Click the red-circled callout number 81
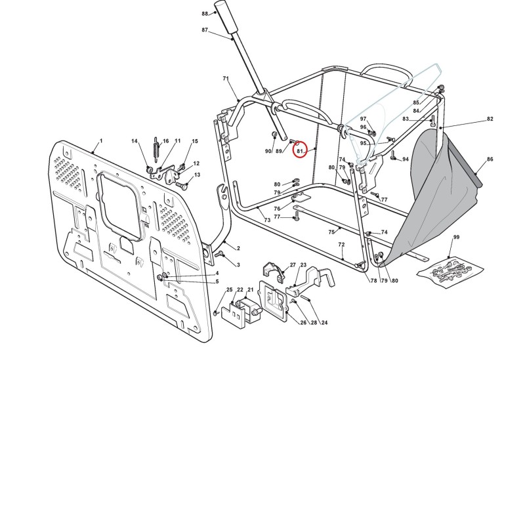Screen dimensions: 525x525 (x=299, y=152)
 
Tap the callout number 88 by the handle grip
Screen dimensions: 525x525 (x=205, y=14)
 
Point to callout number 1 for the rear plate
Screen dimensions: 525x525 (x=101, y=141)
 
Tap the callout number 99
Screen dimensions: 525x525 (x=456, y=237)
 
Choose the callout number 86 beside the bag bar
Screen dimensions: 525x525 (x=490, y=159)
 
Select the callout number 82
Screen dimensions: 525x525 (x=490, y=119)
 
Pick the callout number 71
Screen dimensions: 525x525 (x=226, y=79)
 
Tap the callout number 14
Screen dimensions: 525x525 (x=135, y=141)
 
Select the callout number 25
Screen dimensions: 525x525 (x=229, y=289)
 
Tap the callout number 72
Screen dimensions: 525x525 (x=341, y=245)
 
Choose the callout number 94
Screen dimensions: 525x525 (x=405, y=159)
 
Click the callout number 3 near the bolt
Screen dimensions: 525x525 (x=238, y=265)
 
